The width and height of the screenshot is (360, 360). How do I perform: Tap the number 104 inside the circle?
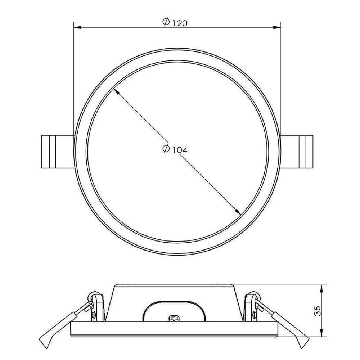(x=180, y=150)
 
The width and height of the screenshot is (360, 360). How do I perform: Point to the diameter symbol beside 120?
(x=166, y=22)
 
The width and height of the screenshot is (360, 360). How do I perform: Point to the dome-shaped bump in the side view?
(x=174, y=308)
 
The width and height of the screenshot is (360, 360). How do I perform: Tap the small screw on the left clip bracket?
(x=93, y=316)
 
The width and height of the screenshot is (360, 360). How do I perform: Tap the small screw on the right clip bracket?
(x=255, y=316)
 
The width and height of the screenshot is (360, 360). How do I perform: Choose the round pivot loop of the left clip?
(x=93, y=295)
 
